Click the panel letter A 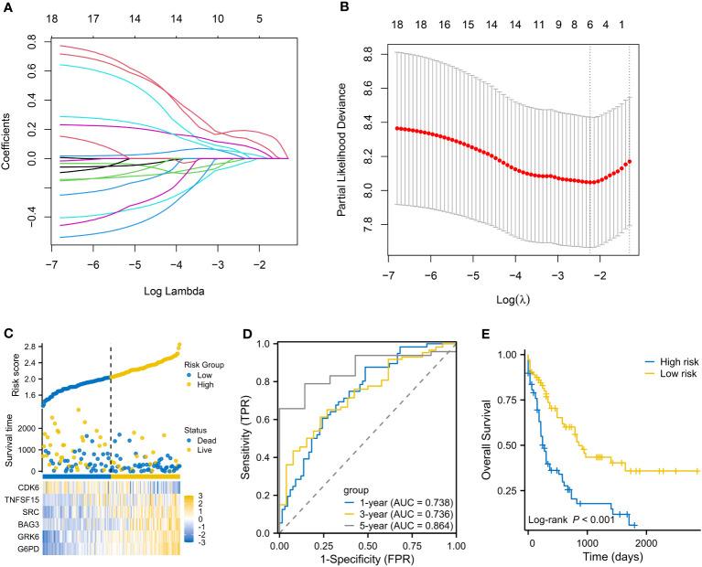pyautogui.click(x=8, y=9)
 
